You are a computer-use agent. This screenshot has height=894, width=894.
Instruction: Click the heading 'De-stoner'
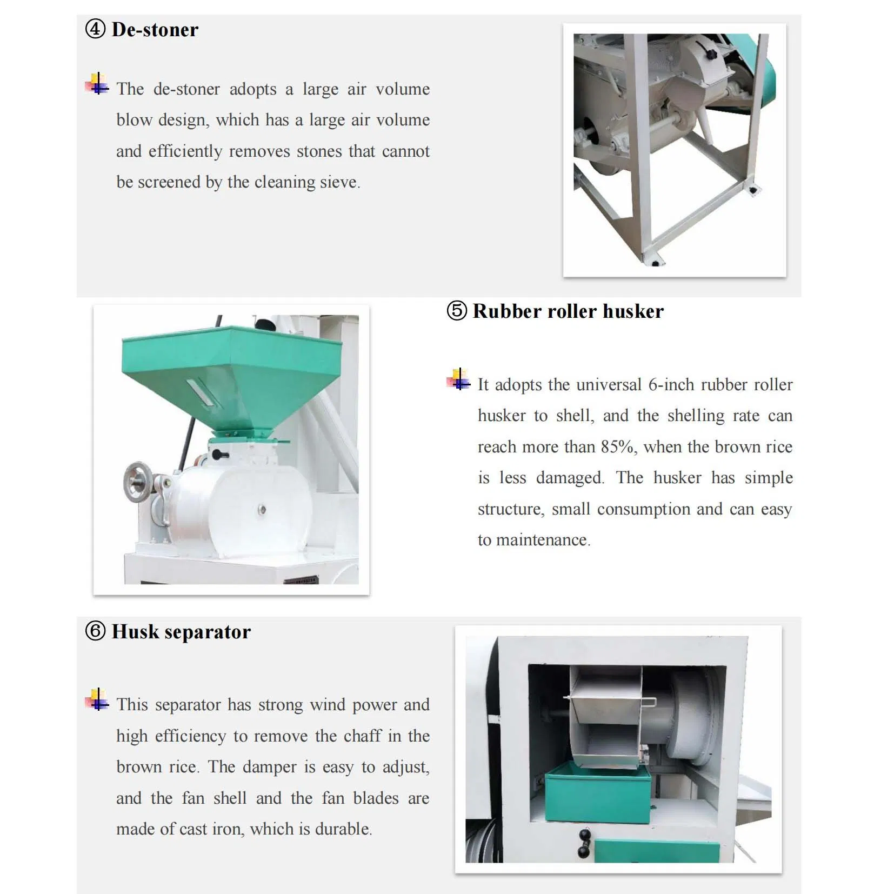[155, 29]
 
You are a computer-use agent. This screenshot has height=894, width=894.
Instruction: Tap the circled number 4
[95, 29]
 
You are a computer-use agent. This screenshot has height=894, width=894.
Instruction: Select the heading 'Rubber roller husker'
[568, 311]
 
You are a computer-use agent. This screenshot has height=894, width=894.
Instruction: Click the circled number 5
[457, 311]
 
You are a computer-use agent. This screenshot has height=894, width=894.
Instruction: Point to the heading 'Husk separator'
[181, 631]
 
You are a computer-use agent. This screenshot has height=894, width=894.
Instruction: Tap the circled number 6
[95, 631]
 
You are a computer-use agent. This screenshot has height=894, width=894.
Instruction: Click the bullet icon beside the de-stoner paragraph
[97, 84]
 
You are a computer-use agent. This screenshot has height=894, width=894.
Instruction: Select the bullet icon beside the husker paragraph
[458, 379]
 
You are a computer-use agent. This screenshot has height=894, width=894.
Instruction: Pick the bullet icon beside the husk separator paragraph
[97, 699]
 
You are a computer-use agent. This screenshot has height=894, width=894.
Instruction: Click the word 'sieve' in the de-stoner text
[338, 183]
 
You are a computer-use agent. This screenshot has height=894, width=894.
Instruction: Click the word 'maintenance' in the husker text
[542, 540]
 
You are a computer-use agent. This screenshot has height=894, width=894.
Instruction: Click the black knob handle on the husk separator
[584, 843]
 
